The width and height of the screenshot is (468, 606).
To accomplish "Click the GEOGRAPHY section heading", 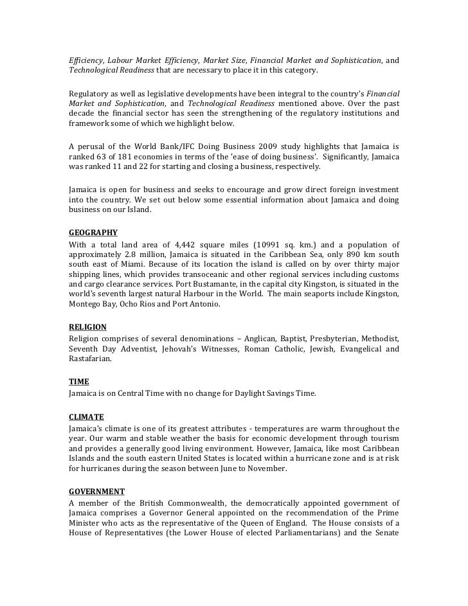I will tap(93, 233).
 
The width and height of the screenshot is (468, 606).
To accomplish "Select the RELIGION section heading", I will tap(87, 327).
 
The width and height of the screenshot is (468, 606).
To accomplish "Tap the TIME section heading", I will tap(79, 381).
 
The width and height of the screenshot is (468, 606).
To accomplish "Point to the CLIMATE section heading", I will tap(86, 416).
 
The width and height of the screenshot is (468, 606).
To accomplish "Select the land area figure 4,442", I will tap(183, 245).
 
